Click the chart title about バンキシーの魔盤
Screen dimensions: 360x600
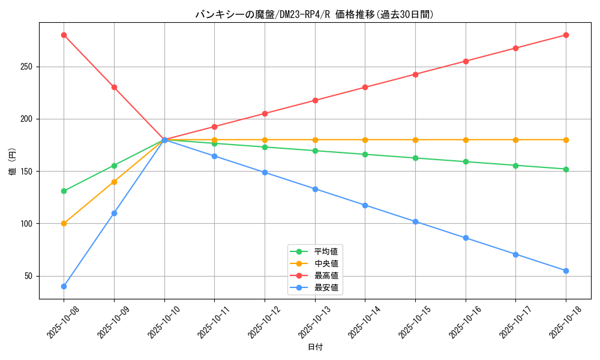point(314,14)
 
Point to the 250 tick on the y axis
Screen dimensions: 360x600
point(28,67)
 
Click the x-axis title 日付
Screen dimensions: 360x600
point(315,347)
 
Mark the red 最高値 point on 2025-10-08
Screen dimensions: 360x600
point(64,35)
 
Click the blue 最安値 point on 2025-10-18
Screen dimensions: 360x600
point(566,271)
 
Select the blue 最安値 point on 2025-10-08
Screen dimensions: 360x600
point(64,286)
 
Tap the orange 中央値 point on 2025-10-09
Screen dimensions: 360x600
point(114,182)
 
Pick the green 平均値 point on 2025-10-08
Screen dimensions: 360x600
point(64,191)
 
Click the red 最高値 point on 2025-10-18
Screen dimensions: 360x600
point(566,35)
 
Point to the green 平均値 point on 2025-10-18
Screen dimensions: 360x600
point(566,169)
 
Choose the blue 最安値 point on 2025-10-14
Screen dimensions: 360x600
point(365,205)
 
